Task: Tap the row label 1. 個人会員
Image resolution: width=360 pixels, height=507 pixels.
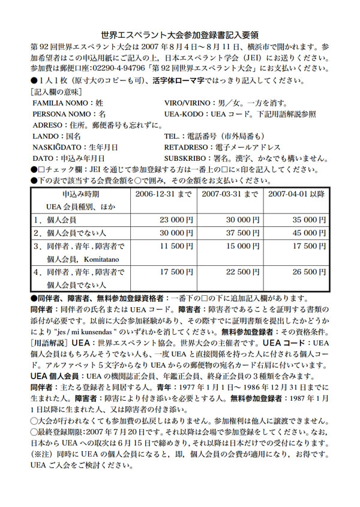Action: pos(57,220)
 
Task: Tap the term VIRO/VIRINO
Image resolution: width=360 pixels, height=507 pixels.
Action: pos(187,103)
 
